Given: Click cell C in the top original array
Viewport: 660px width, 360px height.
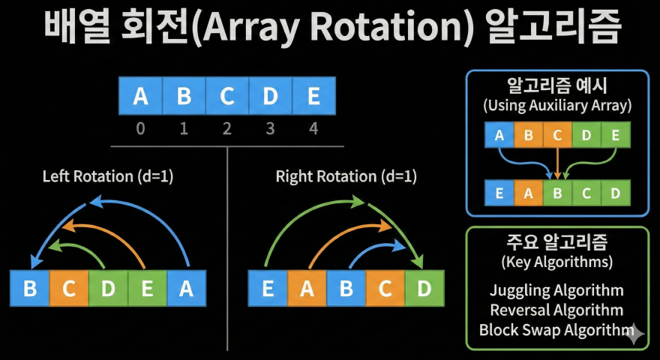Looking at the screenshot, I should (x=226, y=97).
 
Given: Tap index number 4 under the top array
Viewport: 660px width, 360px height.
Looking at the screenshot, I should (x=313, y=129).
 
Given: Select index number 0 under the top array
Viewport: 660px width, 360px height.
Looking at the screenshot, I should (x=140, y=129).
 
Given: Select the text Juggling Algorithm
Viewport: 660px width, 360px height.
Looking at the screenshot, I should (x=556, y=290).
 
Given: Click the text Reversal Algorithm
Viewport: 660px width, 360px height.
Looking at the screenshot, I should (x=556, y=310).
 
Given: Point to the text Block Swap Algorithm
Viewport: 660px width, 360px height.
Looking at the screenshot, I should (x=556, y=329).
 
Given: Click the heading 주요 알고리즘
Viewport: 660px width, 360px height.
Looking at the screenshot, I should (x=557, y=242).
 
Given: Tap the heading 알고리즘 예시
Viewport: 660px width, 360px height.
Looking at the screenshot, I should (x=557, y=85).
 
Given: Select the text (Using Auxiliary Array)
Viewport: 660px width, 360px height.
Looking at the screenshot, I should (x=557, y=105).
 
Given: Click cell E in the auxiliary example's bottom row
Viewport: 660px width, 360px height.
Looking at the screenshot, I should (x=499, y=193).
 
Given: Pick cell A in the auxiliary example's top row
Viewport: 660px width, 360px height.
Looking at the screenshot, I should (x=499, y=136).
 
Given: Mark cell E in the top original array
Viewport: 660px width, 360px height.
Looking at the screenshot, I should (x=313, y=97).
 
